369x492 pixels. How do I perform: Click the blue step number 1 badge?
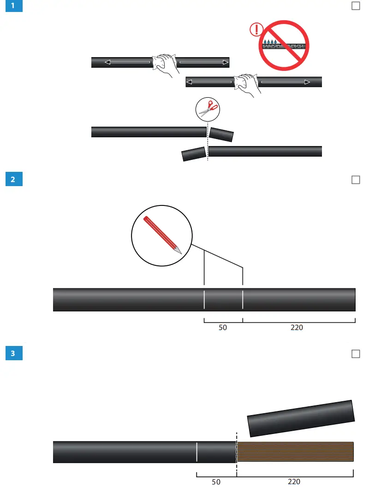(x=13, y=6)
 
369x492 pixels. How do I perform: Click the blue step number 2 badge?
(x=13, y=180)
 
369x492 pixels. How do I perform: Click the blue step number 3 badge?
(x=13, y=354)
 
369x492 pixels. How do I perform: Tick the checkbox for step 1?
(x=356, y=6)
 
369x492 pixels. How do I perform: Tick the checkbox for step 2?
(x=356, y=180)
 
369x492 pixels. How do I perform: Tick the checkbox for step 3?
(x=356, y=354)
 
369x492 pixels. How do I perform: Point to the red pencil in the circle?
(x=162, y=234)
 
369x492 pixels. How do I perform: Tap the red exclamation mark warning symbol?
(x=255, y=30)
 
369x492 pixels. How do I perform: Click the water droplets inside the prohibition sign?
(x=269, y=42)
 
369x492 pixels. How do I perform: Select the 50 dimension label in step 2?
(x=223, y=328)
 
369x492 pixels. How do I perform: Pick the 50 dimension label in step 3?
(x=216, y=482)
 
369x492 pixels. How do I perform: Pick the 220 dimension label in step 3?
(x=294, y=482)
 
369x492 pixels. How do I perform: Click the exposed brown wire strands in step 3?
(x=295, y=451)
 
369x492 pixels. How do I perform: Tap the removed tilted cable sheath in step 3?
(x=301, y=418)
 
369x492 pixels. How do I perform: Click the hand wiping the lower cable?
(x=245, y=84)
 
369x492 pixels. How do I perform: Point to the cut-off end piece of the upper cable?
(x=221, y=135)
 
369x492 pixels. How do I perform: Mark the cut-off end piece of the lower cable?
(x=194, y=154)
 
